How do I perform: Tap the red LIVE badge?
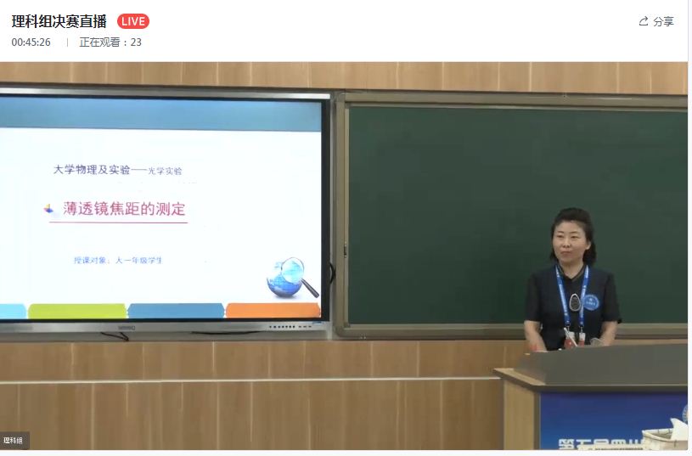pyautogui.click(x=132, y=21)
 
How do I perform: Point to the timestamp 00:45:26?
pyautogui.click(x=31, y=42)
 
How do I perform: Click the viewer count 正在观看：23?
pyautogui.click(x=110, y=42)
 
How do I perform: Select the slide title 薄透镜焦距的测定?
pyautogui.click(x=124, y=209)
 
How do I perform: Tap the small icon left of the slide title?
pyautogui.click(x=49, y=209)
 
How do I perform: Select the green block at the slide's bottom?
pyautogui.click(x=76, y=311)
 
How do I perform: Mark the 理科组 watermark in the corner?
pyautogui.click(x=14, y=440)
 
